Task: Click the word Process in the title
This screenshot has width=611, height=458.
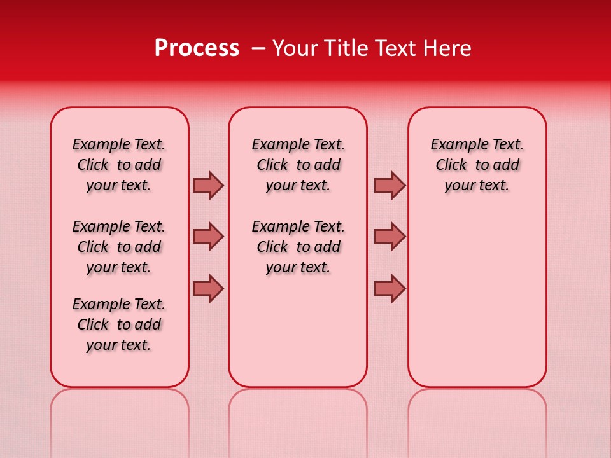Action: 197,48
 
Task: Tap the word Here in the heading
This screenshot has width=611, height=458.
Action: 448,48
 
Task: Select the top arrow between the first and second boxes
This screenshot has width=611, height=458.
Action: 208,185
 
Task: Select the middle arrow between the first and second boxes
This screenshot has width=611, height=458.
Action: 208,237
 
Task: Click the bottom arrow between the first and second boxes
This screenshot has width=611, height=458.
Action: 208,288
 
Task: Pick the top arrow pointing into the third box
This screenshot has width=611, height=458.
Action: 390,185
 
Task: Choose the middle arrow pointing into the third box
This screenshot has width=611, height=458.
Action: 390,237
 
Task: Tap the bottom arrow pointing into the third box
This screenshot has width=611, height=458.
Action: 390,288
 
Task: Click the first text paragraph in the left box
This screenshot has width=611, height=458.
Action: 119,165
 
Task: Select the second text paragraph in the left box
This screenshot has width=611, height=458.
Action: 119,247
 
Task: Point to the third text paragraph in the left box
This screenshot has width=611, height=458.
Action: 119,324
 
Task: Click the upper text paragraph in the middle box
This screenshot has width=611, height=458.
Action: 298,165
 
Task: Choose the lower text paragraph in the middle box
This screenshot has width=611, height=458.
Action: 298,247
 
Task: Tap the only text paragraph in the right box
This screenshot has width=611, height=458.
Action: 477,165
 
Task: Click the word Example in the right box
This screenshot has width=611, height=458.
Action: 454,144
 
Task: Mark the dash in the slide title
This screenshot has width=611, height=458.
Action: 258,48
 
